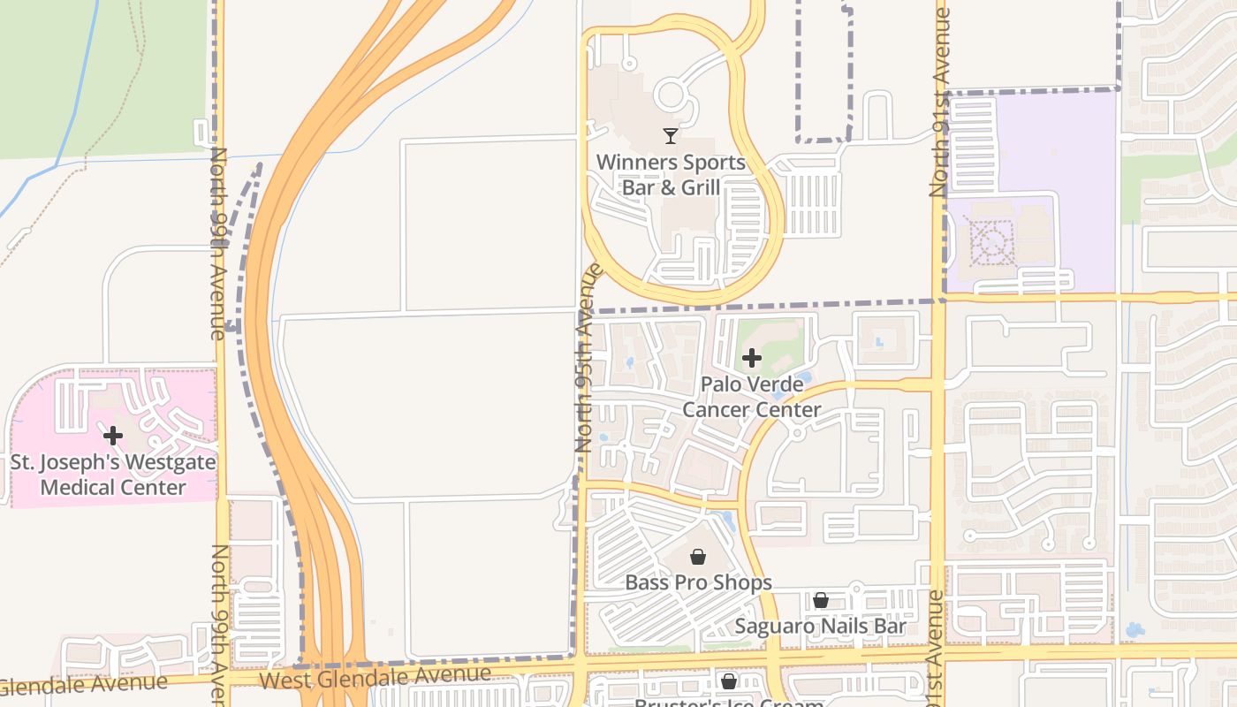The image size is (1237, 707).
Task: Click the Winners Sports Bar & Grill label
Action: pos(671,175)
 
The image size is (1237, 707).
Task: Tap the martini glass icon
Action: pos(671,136)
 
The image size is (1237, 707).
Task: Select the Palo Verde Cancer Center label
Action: pos(751,397)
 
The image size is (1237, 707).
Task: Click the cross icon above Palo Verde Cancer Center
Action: pos(751,358)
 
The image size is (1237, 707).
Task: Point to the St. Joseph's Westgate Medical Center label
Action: pos(113,475)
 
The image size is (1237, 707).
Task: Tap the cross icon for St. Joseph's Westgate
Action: pos(113,436)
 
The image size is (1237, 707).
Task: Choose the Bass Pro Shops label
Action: pos(698,582)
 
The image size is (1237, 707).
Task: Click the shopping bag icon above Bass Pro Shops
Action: pos(698,556)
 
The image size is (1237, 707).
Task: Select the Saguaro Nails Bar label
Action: pos(821,626)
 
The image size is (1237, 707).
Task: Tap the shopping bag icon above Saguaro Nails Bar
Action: pos(821,600)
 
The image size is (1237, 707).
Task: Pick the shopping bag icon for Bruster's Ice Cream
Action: pos(729,681)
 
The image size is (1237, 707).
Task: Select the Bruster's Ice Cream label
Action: pos(729,702)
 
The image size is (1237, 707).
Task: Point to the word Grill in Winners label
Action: pos(700,187)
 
